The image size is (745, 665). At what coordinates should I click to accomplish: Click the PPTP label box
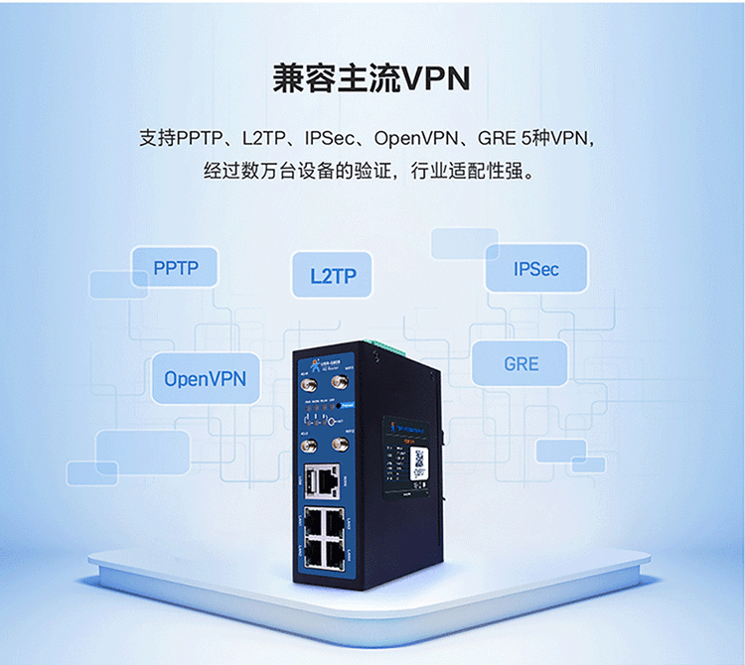[x=176, y=268]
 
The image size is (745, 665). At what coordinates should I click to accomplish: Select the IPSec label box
[x=536, y=269]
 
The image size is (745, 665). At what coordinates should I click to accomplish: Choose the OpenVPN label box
[x=205, y=378]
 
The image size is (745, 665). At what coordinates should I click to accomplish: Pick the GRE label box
[x=521, y=363]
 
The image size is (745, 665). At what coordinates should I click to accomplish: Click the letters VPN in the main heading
[x=433, y=78]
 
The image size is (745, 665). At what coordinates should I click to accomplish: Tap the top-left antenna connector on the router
[x=309, y=383]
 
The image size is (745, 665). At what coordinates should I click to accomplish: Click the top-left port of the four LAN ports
[x=312, y=517]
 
